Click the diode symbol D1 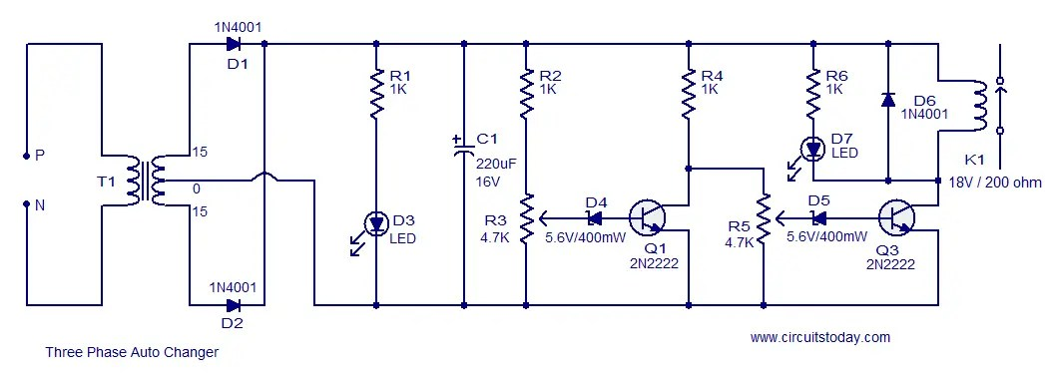tap(234, 43)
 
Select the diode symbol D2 tap(234, 305)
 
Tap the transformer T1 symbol tap(147, 182)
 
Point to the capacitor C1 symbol tap(464, 150)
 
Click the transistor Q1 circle tap(649, 216)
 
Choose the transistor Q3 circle tap(898, 216)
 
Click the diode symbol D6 tap(888, 100)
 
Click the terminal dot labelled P tap(27, 156)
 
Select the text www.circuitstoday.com tap(819, 337)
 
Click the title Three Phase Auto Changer tap(132, 352)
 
